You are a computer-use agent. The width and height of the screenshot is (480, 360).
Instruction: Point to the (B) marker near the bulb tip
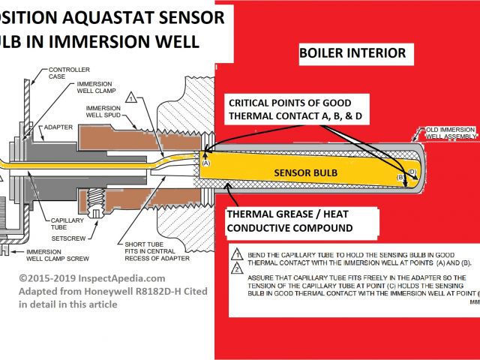click(x=400, y=177)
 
